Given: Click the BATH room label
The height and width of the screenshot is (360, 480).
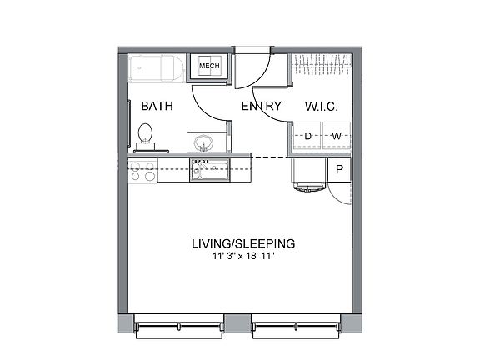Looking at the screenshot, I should [x=157, y=107].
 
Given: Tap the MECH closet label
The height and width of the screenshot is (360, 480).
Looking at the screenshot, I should [x=207, y=66].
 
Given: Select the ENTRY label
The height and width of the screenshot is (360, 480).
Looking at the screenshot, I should [x=261, y=107].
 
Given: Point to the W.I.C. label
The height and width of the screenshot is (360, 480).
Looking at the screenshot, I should [x=322, y=107].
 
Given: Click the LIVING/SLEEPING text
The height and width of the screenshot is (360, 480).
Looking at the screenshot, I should [x=242, y=244].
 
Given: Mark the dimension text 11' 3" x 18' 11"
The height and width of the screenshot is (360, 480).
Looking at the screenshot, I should [x=242, y=257].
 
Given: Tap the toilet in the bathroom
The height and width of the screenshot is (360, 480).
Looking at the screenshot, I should [x=145, y=137].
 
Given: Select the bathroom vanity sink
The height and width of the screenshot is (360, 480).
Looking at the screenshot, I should [x=205, y=142].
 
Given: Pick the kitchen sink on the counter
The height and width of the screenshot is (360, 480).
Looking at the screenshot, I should [x=208, y=171].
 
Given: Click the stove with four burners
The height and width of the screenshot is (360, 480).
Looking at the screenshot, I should [x=142, y=171].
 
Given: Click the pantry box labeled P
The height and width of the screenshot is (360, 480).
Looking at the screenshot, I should [x=341, y=170].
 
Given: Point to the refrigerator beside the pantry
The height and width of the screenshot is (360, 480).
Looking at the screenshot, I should [x=309, y=172].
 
